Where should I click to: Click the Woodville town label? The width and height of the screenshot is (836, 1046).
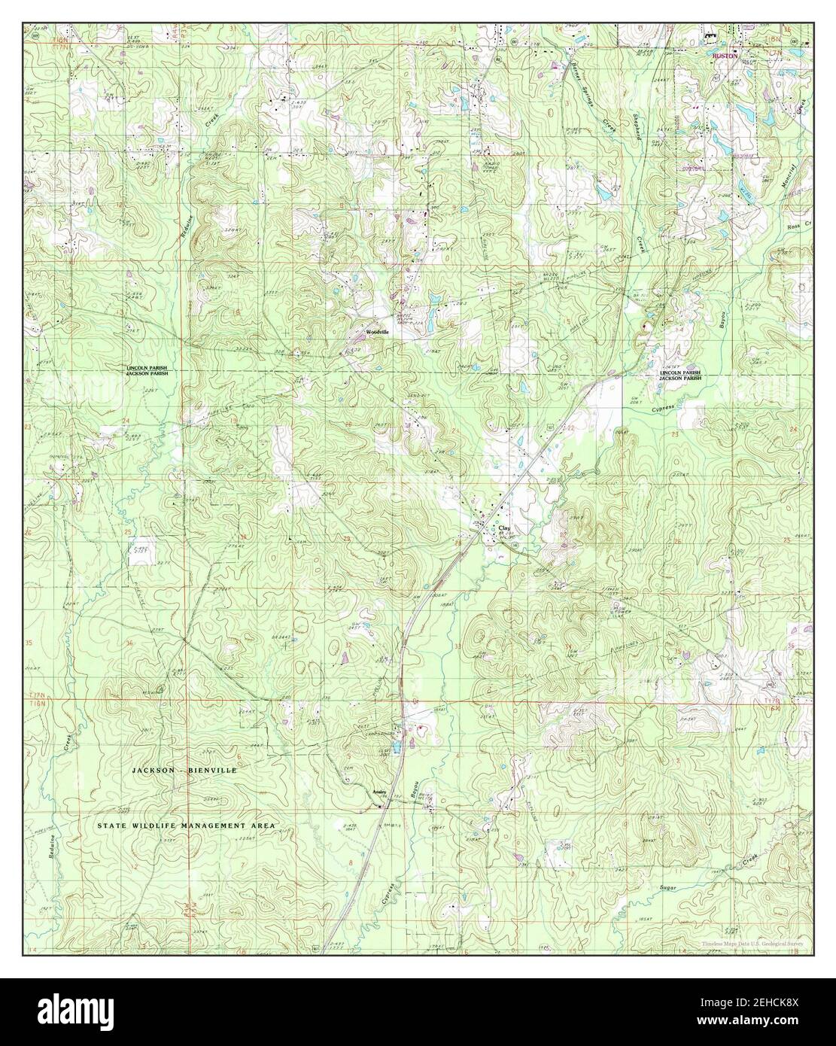point(377,331)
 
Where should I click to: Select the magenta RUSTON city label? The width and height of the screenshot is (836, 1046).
point(725,55)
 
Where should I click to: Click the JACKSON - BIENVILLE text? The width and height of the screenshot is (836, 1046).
point(184,771)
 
